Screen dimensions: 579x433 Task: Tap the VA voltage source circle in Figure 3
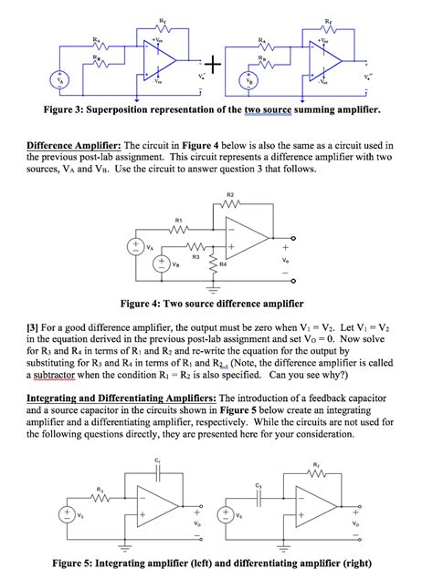62,79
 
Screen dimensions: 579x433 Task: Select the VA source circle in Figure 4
137,247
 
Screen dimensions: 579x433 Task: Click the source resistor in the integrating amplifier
99,498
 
